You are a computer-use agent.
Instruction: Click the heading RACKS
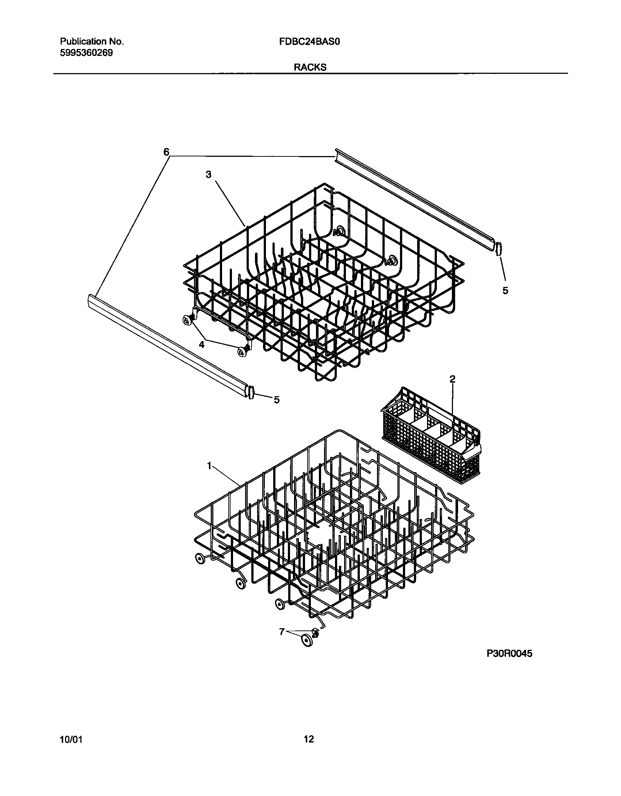click(x=310, y=67)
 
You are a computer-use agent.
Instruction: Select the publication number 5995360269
click(x=86, y=53)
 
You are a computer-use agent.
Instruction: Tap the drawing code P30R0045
click(x=509, y=654)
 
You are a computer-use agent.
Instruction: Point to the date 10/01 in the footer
click(x=71, y=740)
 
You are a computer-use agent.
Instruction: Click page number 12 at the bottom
click(x=309, y=740)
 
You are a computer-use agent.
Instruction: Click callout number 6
click(x=166, y=152)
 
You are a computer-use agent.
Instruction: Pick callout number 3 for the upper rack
click(x=208, y=175)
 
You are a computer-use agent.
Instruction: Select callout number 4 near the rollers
click(x=202, y=344)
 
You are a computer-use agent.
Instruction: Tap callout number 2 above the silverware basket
click(x=452, y=379)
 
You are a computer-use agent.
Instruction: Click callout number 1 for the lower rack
click(x=209, y=466)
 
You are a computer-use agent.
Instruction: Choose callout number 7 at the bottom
click(x=282, y=632)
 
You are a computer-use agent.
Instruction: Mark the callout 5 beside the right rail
click(x=505, y=291)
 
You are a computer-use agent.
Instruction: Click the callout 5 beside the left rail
click(x=277, y=400)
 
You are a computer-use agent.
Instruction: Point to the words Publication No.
click(x=92, y=42)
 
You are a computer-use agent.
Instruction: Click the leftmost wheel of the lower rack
click(x=200, y=568)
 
